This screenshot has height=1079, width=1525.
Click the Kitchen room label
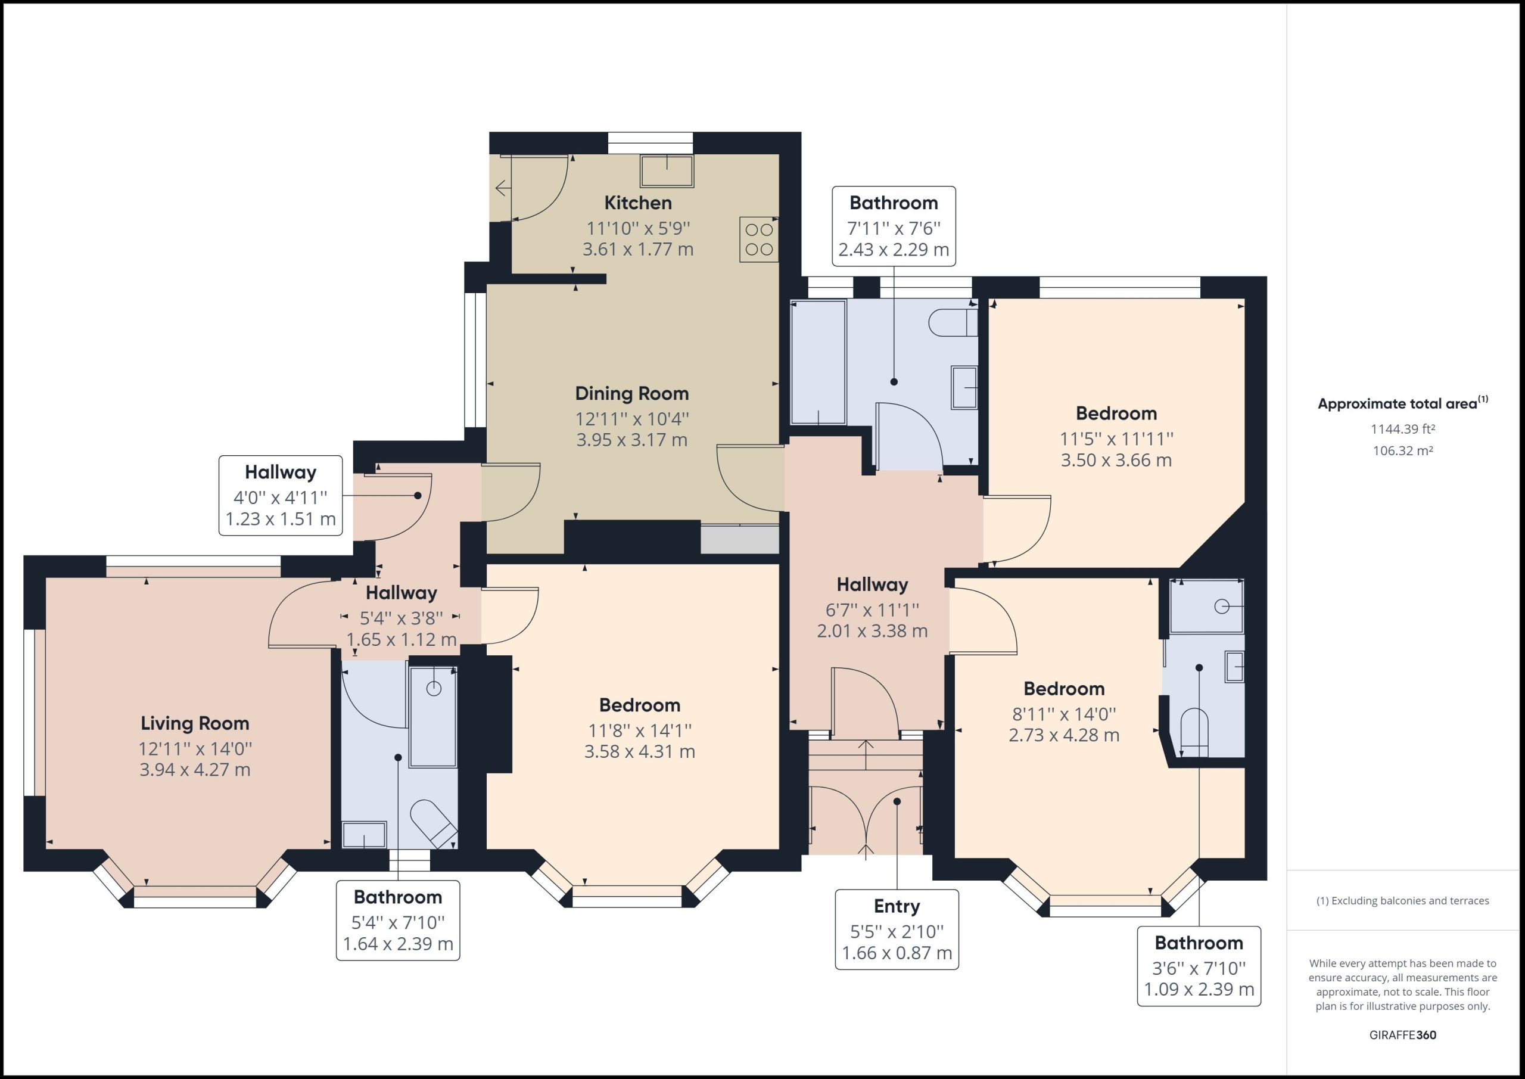pyautogui.click(x=637, y=203)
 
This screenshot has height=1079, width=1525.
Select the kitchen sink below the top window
pyautogui.click(x=667, y=171)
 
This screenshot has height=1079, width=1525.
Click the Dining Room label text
pyautogui.click(x=631, y=393)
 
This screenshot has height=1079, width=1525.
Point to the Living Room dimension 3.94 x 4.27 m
pyautogui.click(x=195, y=769)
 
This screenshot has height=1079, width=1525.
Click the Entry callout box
pyautogui.click(x=896, y=929)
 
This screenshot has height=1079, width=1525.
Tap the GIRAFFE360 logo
pyautogui.click(x=1402, y=1034)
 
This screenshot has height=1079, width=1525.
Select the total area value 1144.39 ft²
pyautogui.click(x=1402, y=429)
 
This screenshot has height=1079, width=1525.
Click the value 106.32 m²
pyautogui.click(x=1402, y=450)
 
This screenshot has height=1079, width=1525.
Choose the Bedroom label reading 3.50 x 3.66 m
pyautogui.click(x=1116, y=460)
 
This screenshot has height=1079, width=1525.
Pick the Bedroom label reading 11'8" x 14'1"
pyautogui.click(x=640, y=730)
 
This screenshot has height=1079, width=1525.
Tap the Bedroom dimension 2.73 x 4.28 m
pyautogui.click(x=1063, y=735)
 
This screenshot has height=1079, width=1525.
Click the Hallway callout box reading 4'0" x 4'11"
pyautogui.click(x=281, y=495)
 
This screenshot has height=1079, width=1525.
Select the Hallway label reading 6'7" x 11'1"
pyautogui.click(x=872, y=610)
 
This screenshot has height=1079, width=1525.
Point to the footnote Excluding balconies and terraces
pyautogui.click(x=1402, y=900)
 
